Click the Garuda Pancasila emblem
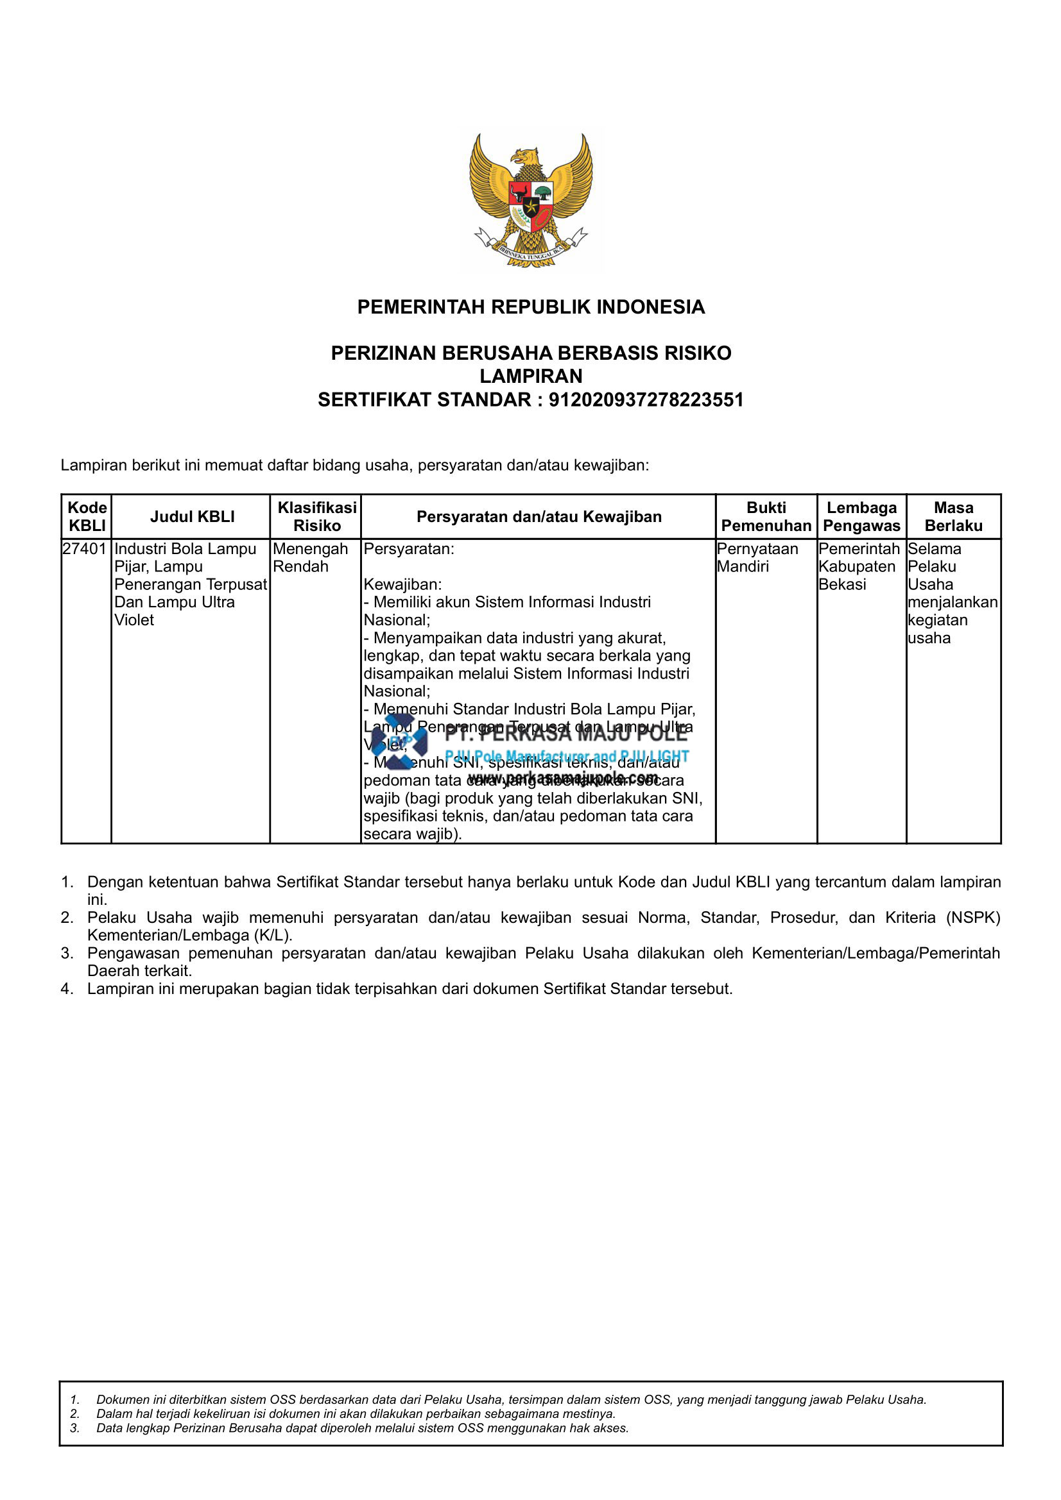pyautogui.click(x=531, y=200)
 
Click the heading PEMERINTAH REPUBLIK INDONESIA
pyautogui.click(x=531, y=307)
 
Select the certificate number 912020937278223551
pyautogui.click(x=646, y=400)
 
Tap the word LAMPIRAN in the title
pyautogui.click(x=531, y=376)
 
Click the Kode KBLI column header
pyautogui.click(x=87, y=517)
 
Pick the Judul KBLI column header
pyautogui.click(x=192, y=517)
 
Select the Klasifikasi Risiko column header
pyautogui.click(x=317, y=517)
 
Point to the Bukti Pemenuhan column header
pyautogui.click(x=766, y=517)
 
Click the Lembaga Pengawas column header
pyautogui.click(x=861, y=517)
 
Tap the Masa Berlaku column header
pyautogui.click(x=953, y=517)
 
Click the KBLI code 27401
pyautogui.click(x=84, y=549)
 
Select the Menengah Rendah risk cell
pyautogui.click(x=310, y=558)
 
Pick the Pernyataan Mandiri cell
pyautogui.click(x=757, y=558)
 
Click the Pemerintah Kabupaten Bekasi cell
pyautogui.click(x=858, y=566)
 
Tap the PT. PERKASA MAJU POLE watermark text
pyautogui.click(x=565, y=734)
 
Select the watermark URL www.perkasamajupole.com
pyautogui.click(x=563, y=778)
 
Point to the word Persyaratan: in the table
pyautogui.click(x=409, y=549)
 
